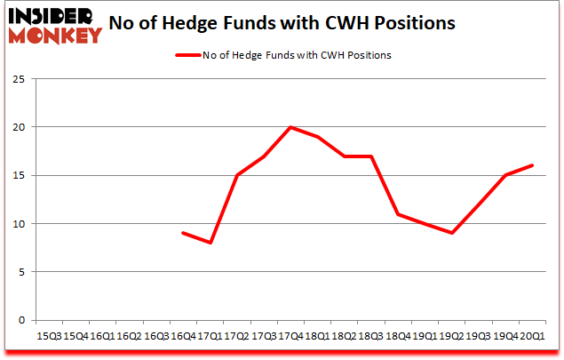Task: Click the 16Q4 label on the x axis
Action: (182, 336)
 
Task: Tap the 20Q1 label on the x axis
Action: (532, 336)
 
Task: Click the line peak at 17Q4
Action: (290, 127)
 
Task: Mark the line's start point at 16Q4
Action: (182, 233)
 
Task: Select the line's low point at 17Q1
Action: (210, 243)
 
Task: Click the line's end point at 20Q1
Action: (532, 165)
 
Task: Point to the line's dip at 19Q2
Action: (452, 233)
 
